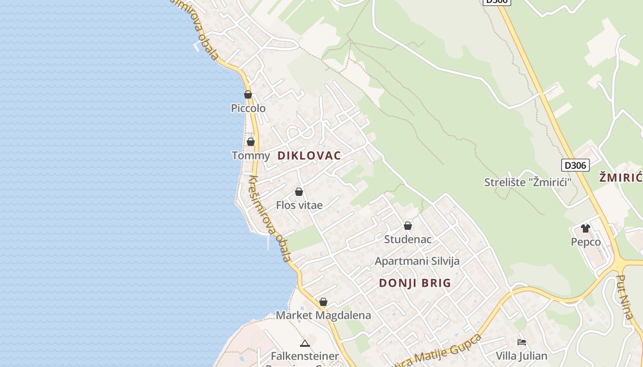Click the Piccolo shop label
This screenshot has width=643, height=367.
point(248,108)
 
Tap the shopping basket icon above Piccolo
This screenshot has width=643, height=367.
point(248,95)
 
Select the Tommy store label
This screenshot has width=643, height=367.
point(251,156)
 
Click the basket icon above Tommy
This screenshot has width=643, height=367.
point(251,142)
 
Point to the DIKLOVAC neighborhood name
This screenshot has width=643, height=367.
point(309,156)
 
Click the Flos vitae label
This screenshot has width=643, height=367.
point(299,205)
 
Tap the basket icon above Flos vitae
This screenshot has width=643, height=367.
point(299,192)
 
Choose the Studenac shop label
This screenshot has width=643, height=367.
point(407,239)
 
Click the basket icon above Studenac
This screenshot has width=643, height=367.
point(407,226)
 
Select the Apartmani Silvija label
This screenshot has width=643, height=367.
point(417,261)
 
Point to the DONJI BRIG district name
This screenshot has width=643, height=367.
point(415,283)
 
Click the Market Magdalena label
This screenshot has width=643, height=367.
point(323,315)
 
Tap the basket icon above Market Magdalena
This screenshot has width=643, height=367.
point(323,302)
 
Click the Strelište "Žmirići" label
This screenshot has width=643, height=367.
point(528,182)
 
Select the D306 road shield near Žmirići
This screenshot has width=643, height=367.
point(575,165)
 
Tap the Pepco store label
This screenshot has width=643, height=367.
point(586,242)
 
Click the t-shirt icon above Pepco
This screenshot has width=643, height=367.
point(585,228)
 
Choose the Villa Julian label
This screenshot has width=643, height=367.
point(521,356)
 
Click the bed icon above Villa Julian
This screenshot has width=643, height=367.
point(521,342)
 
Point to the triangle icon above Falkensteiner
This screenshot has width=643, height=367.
point(305,343)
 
